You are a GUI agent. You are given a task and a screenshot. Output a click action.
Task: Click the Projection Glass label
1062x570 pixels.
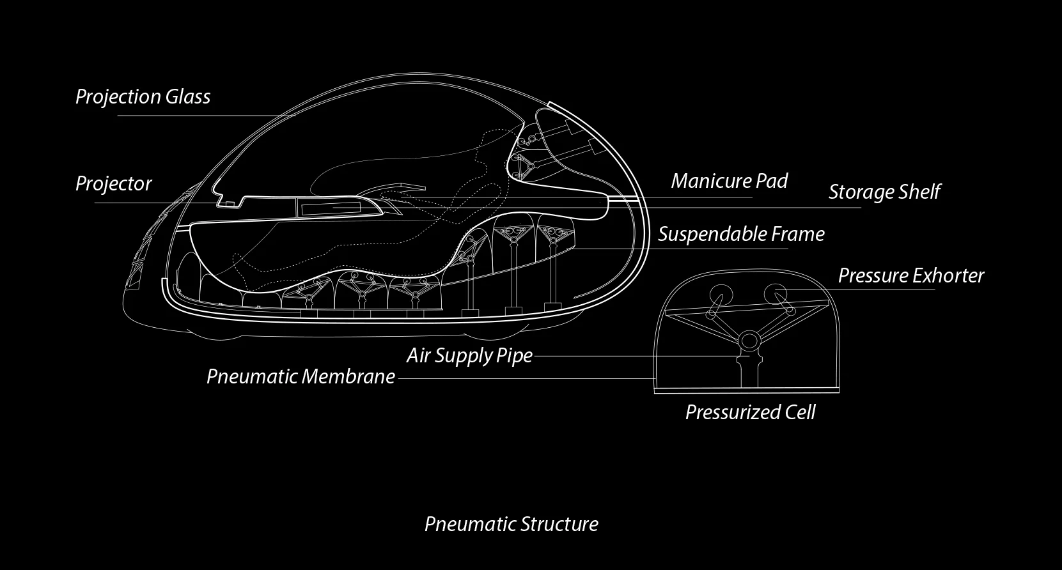point(143,97)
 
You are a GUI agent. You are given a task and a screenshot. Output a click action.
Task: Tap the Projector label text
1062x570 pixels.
point(113,184)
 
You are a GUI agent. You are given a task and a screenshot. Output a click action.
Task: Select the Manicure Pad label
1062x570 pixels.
point(729,181)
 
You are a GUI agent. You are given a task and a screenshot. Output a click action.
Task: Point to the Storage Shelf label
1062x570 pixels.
point(884,192)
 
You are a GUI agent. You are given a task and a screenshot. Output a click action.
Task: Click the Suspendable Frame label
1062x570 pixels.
point(741,234)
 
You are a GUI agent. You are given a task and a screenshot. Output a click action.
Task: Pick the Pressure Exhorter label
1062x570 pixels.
point(910,276)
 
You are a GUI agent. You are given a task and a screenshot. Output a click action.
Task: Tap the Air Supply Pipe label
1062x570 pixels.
point(469,356)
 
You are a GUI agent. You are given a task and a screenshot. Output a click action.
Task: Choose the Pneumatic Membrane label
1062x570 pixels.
point(301,376)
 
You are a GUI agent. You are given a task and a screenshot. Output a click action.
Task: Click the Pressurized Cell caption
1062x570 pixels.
point(750,412)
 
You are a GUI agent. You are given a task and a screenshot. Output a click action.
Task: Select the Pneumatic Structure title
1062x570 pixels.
point(511,524)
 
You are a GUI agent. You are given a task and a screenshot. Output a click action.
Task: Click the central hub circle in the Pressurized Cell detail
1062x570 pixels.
point(749,340)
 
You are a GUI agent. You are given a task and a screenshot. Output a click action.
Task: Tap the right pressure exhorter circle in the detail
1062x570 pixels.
point(776,294)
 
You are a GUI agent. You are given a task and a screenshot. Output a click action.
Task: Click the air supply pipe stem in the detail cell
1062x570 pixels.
point(749,373)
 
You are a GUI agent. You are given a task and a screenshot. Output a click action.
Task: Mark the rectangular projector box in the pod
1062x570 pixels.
point(331,208)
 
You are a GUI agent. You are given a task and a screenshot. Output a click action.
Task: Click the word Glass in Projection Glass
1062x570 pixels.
point(188,96)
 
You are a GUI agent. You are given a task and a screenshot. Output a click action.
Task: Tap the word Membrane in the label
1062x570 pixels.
point(348,376)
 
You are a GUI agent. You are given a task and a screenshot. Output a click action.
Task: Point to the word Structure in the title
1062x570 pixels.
point(559,524)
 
